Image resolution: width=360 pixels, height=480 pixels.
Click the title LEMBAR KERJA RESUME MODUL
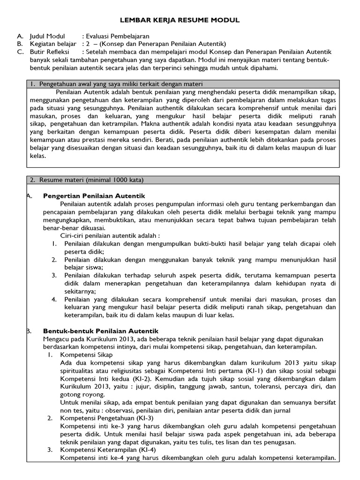(180, 20)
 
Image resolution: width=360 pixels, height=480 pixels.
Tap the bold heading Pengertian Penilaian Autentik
(94, 195)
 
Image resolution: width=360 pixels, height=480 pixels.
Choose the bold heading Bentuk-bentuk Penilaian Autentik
(101, 331)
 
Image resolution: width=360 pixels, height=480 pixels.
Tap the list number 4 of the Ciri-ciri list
(54, 299)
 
